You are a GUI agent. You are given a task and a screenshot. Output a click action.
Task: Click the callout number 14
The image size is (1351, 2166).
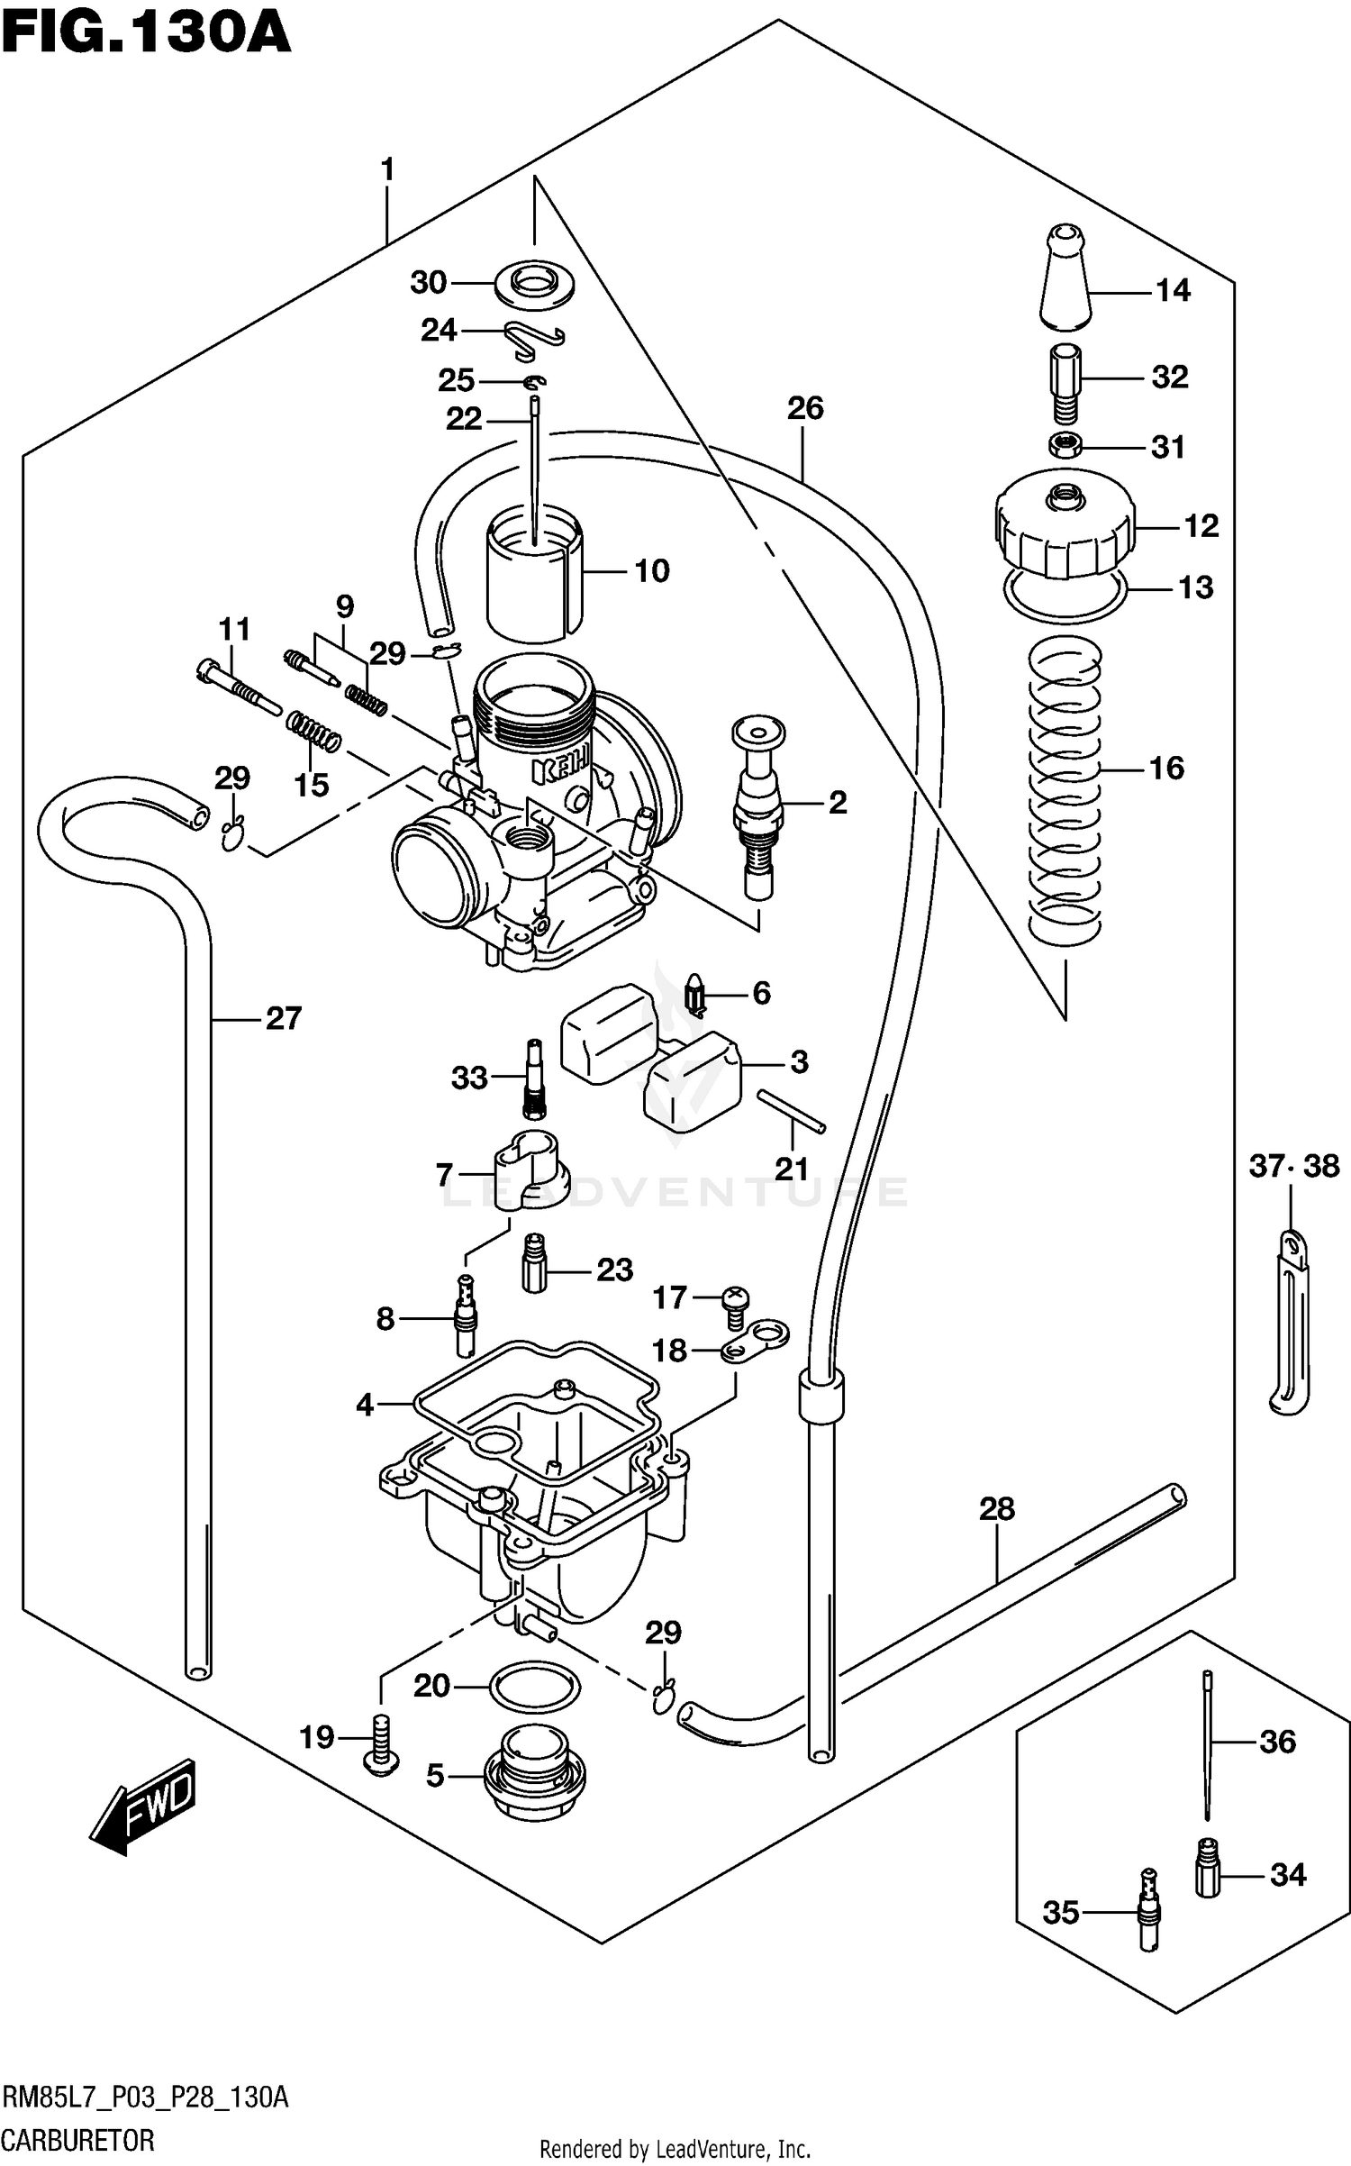pyautogui.click(x=1173, y=291)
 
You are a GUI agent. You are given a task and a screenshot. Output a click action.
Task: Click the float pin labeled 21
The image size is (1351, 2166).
pyautogui.click(x=791, y=1110)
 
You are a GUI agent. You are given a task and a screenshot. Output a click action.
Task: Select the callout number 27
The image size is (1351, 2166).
pyautogui.click(x=283, y=1019)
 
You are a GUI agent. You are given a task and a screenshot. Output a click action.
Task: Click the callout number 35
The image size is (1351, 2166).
pyautogui.click(x=1061, y=1913)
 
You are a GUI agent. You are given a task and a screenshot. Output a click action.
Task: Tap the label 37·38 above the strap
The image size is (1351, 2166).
pyautogui.click(x=1293, y=1167)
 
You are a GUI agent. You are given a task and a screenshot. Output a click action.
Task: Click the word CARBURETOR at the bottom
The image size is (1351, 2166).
pyautogui.click(x=78, y=2141)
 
